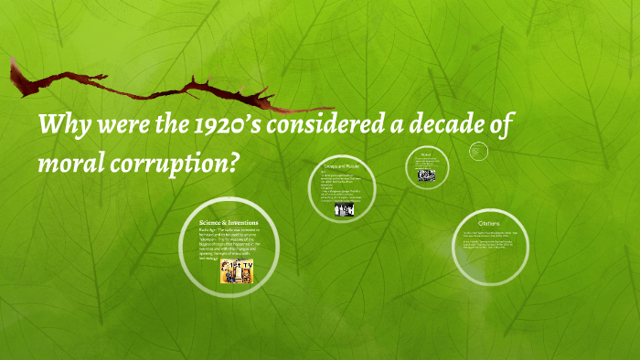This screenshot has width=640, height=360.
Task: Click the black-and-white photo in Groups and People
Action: pyautogui.click(x=343, y=209)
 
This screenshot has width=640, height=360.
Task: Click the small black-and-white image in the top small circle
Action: pyautogui.click(x=427, y=175)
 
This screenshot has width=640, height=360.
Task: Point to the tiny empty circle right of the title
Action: pyautogui.click(x=478, y=151)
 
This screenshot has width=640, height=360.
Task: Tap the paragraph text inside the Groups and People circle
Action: pyautogui.click(x=340, y=187)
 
